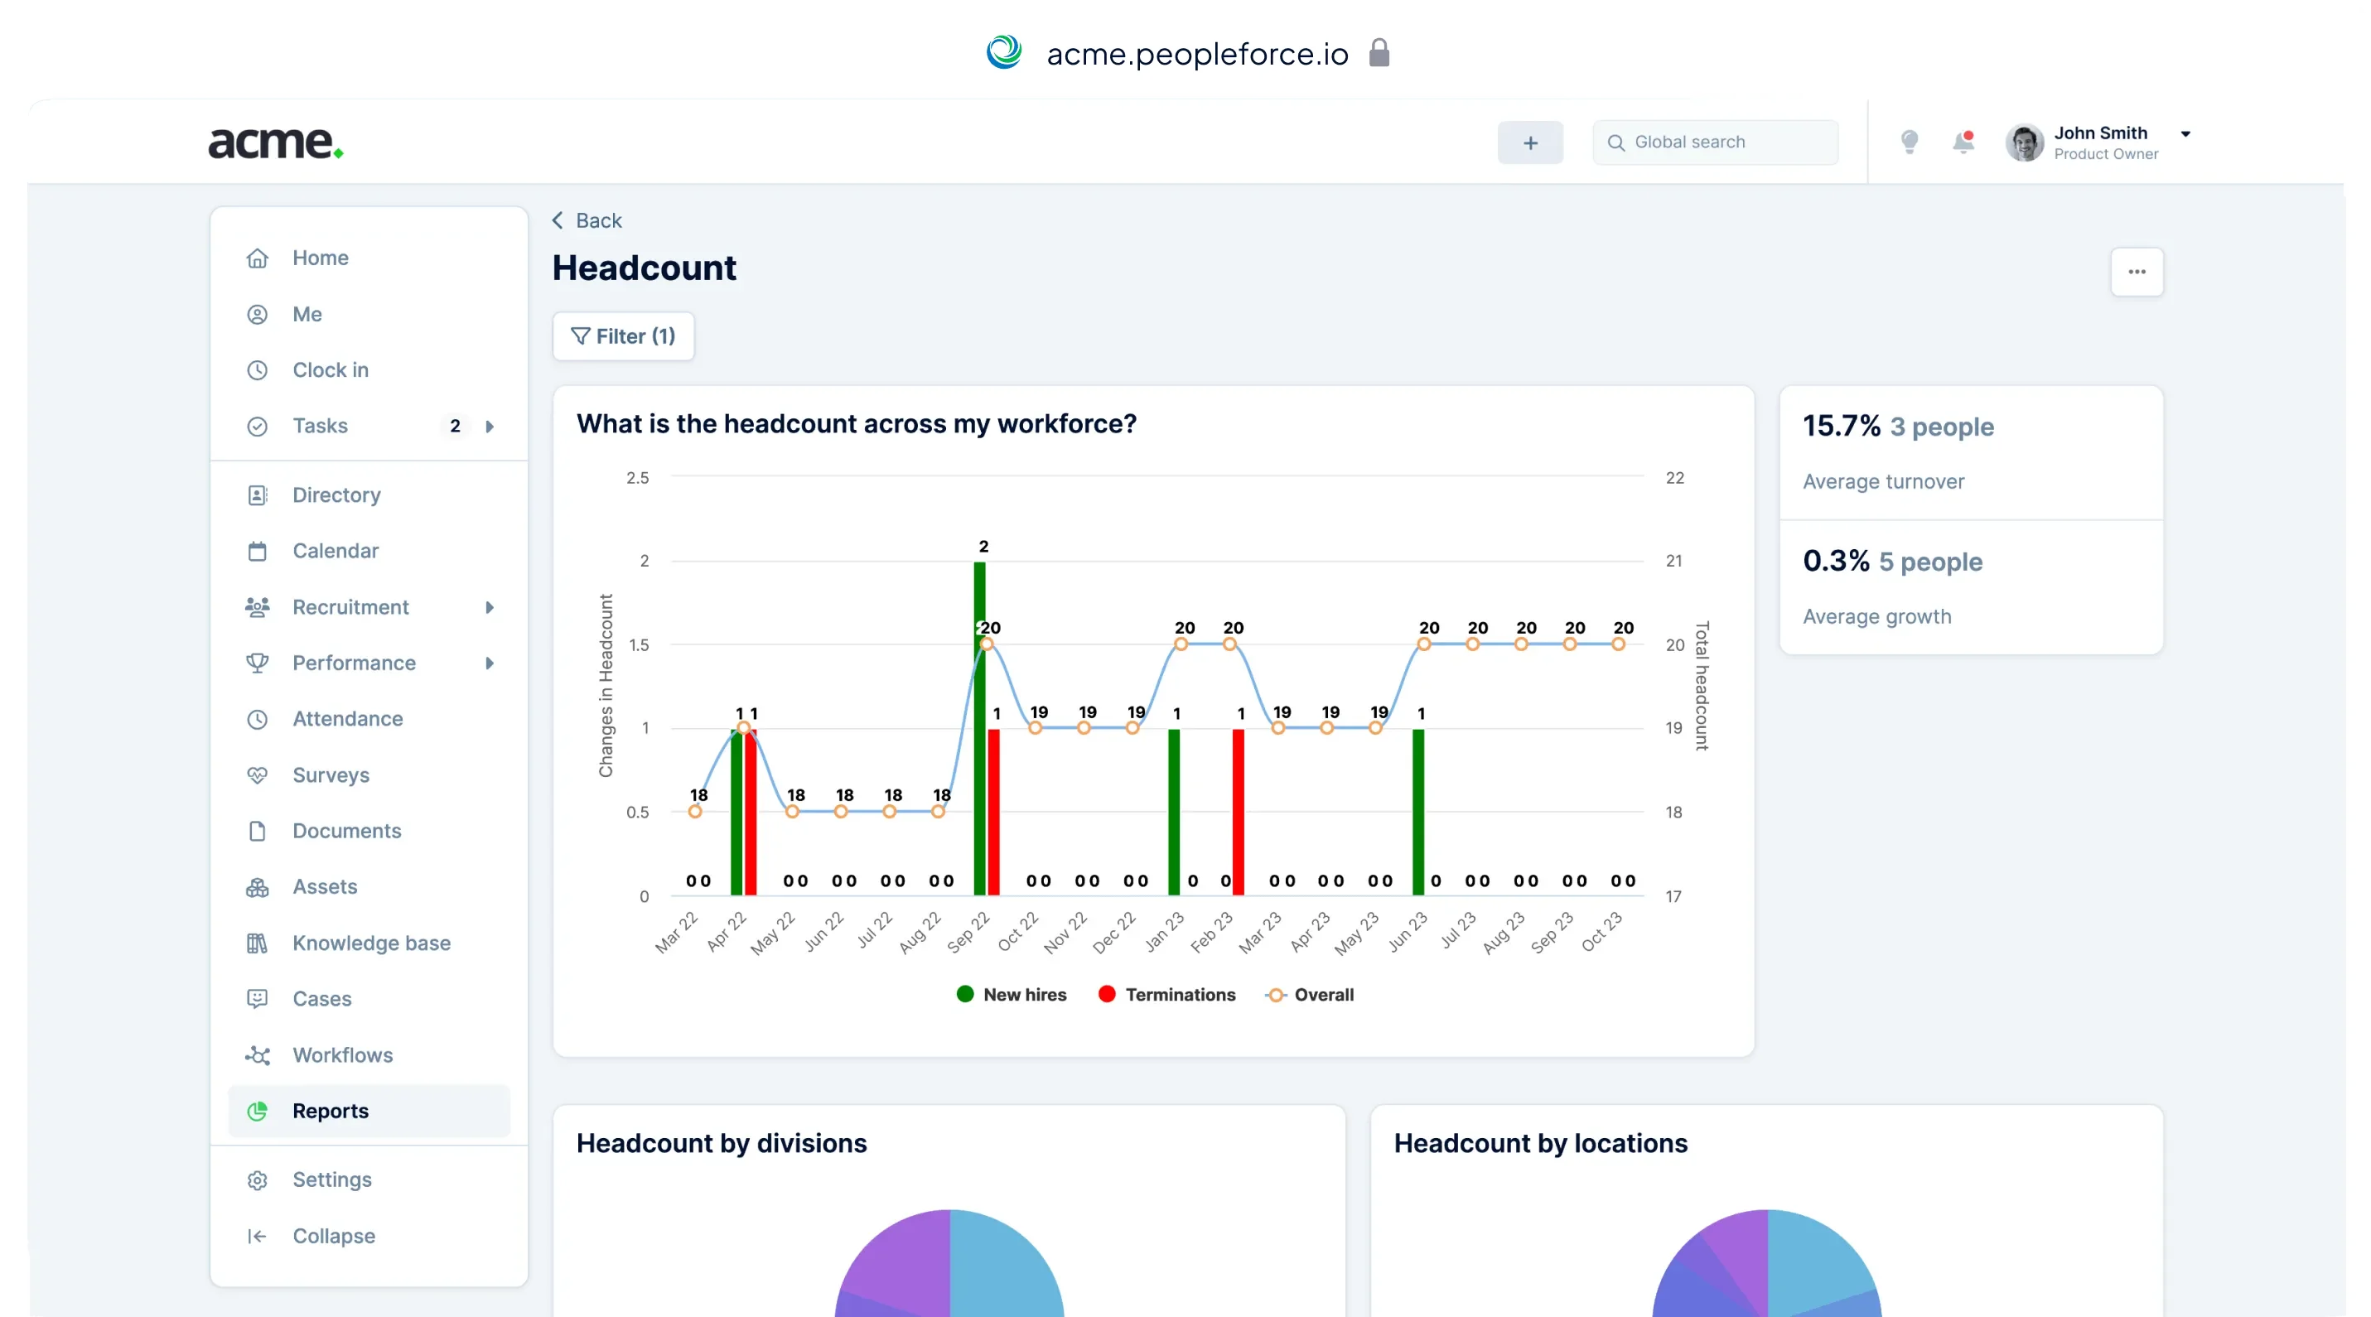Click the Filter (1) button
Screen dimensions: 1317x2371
623,337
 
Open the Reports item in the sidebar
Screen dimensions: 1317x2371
330,1111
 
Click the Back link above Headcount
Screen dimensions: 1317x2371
587,221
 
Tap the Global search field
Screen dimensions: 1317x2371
1715,142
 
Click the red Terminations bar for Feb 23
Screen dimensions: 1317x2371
1238,810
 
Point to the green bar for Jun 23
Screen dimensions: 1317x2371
1417,810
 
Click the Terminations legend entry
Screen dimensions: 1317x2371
1167,995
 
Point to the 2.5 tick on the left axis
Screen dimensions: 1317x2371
637,478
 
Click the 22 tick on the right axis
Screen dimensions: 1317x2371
1674,478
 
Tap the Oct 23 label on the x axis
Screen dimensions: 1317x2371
1601,931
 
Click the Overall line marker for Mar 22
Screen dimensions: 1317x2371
695,812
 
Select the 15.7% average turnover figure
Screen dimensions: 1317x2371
1841,426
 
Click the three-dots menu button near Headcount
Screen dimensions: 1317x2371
2137,273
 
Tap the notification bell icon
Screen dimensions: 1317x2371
1963,142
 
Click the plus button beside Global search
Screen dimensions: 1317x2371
1530,142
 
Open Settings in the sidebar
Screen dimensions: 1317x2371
331,1180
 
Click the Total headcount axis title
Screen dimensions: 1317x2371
1702,686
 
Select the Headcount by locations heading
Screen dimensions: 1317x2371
1540,1143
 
